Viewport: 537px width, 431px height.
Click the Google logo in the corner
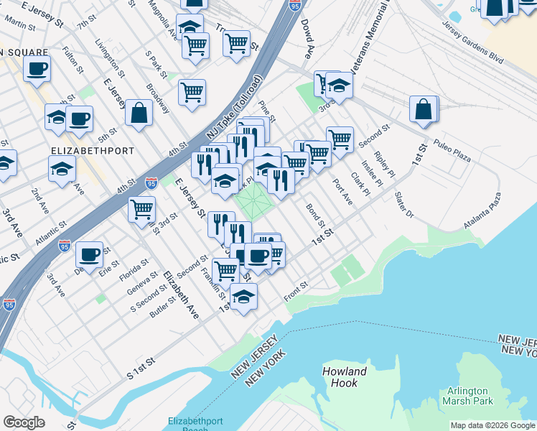click(24, 422)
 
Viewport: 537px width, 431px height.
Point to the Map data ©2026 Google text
click(492, 425)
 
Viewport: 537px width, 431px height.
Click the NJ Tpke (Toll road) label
click(235, 108)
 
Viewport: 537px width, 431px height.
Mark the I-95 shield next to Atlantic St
click(64, 245)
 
